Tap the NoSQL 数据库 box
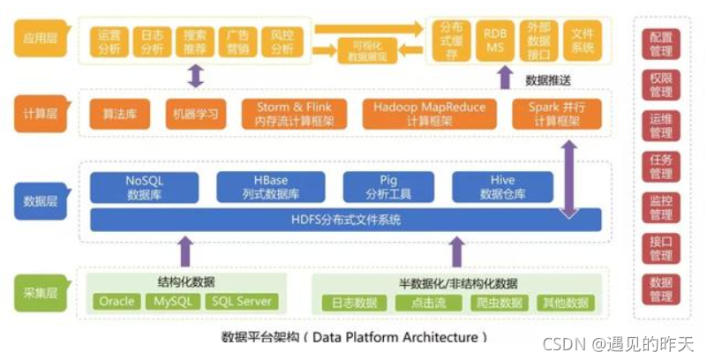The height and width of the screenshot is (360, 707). coord(144,185)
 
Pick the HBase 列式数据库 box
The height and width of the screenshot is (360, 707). coord(271,185)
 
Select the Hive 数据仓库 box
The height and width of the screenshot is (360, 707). coord(502,185)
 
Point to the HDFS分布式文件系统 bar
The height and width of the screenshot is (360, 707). coord(344,220)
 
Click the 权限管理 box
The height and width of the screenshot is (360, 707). coord(661,86)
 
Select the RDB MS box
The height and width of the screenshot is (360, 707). coord(495,39)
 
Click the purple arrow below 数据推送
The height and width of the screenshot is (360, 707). coord(504,79)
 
